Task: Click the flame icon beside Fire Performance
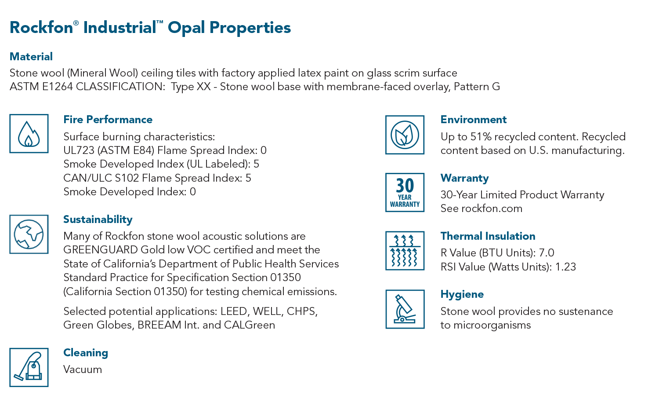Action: (x=29, y=133)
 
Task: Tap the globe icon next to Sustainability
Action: (x=29, y=234)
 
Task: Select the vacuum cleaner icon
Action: (x=29, y=367)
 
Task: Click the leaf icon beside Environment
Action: (x=405, y=135)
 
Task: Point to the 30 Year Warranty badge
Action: (x=405, y=192)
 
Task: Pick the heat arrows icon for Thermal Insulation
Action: (x=405, y=251)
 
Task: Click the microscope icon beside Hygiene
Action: (x=405, y=309)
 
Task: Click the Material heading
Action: (x=31, y=57)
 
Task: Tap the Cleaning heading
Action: (x=86, y=353)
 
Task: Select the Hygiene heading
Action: (x=462, y=294)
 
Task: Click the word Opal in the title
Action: (x=186, y=28)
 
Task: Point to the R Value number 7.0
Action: (x=547, y=253)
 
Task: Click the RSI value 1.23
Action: (x=565, y=267)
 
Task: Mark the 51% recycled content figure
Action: (x=481, y=137)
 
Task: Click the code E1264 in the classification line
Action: (x=58, y=87)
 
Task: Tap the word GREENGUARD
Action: (x=101, y=250)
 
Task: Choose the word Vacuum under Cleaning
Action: (x=83, y=369)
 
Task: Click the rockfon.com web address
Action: (x=492, y=208)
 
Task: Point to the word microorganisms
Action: (x=492, y=326)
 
